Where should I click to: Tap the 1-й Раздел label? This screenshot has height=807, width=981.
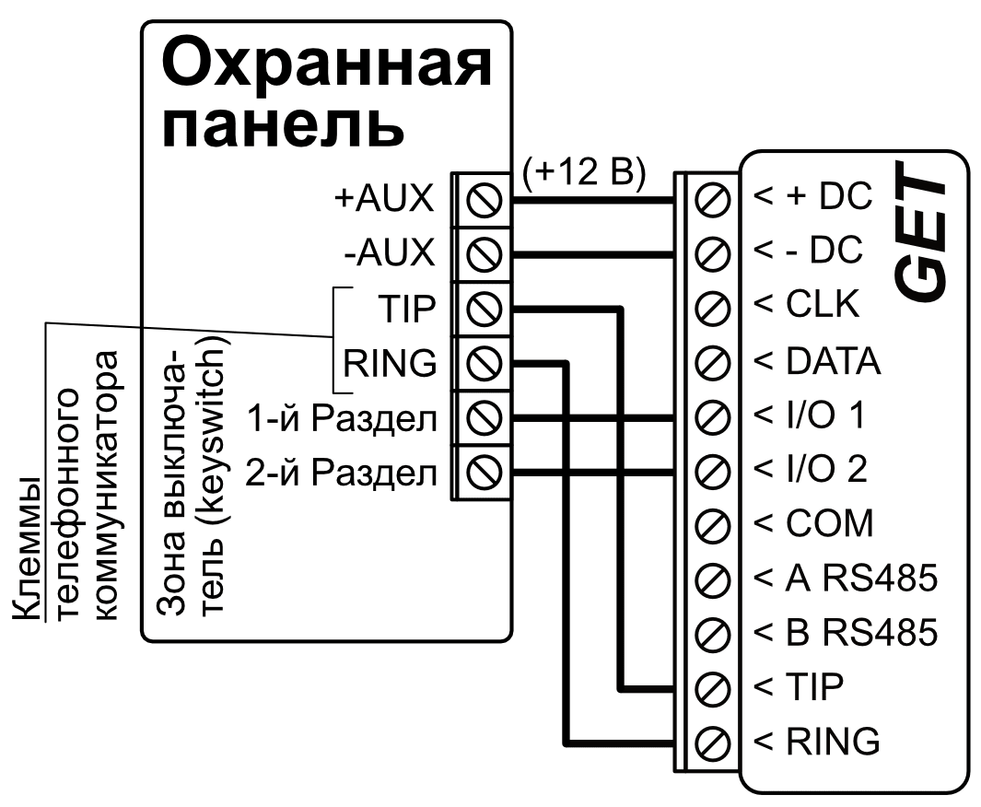341,419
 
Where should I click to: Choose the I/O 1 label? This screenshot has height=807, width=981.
811,416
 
